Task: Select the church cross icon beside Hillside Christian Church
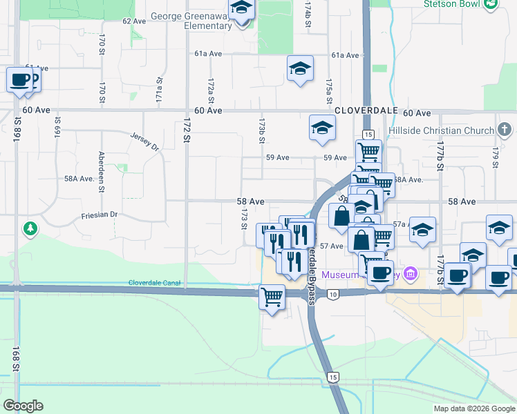click(x=505, y=130)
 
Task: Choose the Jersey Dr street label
click(x=144, y=141)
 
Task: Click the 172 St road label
click(x=186, y=129)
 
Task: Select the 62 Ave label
click(x=134, y=21)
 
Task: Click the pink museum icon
click(x=411, y=275)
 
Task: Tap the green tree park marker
click(x=30, y=228)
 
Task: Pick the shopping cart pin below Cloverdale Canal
click(x=272, y=298)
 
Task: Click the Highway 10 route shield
click(x=334, y=295)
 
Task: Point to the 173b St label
click(x=262, y=130)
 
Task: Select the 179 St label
click(x=496, y=157)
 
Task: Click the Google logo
click(x=23, y=406)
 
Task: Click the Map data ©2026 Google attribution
click(x=473, y=408)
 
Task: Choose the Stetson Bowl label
click(x=450, y=3)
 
